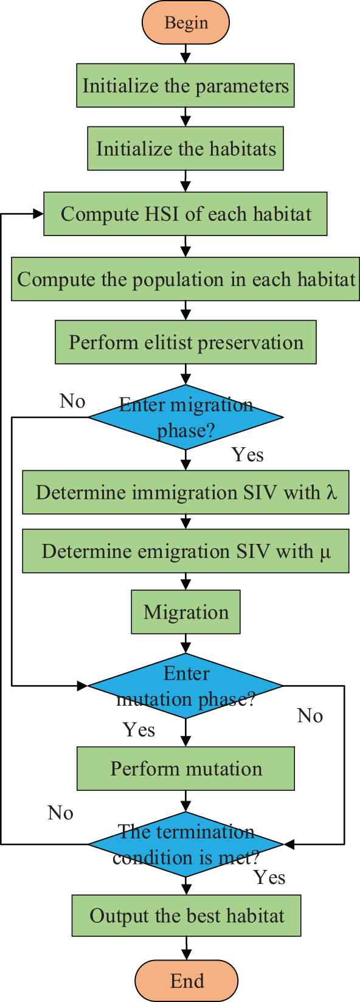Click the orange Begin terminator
coord(185,23)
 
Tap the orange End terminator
coord(187,981)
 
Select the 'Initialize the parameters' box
coord(185,85)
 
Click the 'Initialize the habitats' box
coord(185,148)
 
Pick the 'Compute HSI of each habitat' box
coord(185,214)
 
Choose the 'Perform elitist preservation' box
coord(185,342)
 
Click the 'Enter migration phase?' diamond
coord(185,417)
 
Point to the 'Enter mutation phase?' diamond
coord(185,685)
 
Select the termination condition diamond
coord(185,844)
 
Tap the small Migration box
coord(185,612)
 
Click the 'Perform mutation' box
coord(185,768)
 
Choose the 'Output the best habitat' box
coord(187,915)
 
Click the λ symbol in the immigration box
coord(331,492)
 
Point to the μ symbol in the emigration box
coord(325,552)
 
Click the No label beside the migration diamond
coord(72,402)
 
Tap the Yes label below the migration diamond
coord(247,455)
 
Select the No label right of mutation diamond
coord(310,715)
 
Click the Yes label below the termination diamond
coord(269,877)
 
